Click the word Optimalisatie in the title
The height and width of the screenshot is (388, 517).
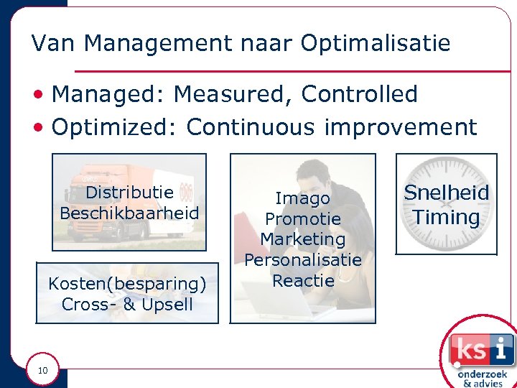[376, 44]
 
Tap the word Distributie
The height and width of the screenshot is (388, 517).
[129, 193]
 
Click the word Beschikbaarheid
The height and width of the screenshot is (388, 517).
[129, 213]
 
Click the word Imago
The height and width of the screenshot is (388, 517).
[303, 198]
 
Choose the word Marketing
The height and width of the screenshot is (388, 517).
[303, 239]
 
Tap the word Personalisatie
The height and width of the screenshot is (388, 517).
[303, 259]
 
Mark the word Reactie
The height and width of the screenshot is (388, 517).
[303, 280]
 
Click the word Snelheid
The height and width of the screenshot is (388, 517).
[446, 193]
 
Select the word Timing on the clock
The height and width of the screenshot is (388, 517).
[446, 217]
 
